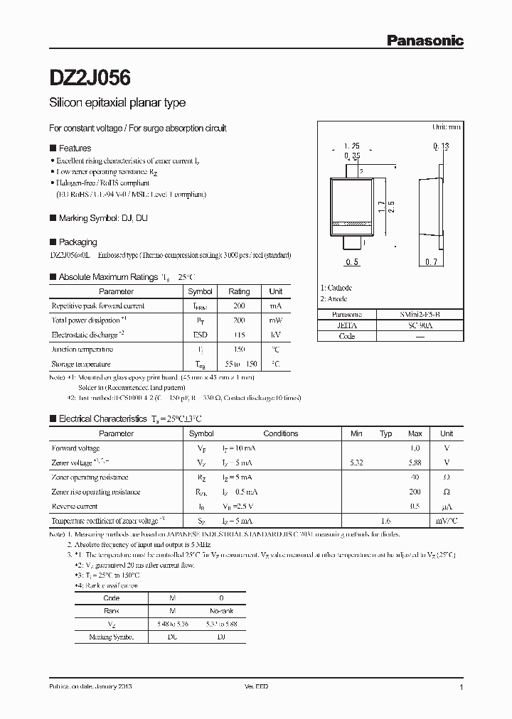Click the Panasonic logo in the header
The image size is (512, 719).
point(425,40)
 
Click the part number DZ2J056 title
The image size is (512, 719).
point(89,76)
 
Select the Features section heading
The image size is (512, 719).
point(75,148)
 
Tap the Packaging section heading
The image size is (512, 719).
point(78,242)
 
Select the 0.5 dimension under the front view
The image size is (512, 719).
point(351,263)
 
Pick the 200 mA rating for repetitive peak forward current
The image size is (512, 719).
point(239,306)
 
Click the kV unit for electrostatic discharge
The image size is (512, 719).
point(276,334)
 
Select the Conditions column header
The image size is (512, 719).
point(281,433)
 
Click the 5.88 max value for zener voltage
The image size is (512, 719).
point(415,463)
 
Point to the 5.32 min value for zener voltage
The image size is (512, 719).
point(356,463)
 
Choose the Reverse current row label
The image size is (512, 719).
point(75,507)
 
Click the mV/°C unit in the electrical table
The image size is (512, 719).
point(447,521)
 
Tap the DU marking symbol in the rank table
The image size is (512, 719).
point(173,637)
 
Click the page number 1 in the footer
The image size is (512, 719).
point(462,688)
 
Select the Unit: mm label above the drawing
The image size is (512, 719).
point(447,126)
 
